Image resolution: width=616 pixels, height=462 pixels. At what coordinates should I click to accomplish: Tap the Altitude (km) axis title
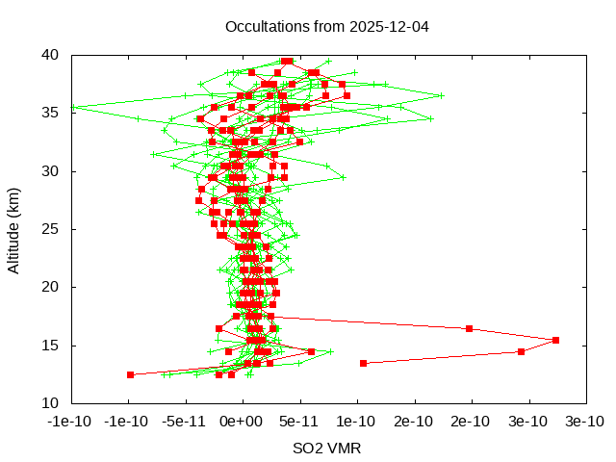(x=13, y=229)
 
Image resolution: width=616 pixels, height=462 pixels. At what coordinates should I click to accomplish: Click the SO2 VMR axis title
(x=327, y=449)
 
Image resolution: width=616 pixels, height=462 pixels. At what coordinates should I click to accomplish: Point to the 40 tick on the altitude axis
(x=54, y=56)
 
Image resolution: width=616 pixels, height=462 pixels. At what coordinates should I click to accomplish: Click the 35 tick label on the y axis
(x=54, y=114)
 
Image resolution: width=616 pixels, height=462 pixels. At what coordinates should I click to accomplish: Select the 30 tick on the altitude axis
(x=54, y=171)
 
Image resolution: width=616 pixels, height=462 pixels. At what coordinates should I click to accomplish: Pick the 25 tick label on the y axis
(x=54, y=229)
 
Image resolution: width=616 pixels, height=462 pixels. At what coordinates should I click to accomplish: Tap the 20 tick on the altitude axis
(x=54, y=287)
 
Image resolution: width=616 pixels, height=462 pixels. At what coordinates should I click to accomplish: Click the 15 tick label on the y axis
(x=54, y=345)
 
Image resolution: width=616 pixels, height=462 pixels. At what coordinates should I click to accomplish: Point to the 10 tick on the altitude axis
(x=54, y=402)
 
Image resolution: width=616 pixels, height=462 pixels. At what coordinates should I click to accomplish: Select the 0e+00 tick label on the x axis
(x=242, y=421)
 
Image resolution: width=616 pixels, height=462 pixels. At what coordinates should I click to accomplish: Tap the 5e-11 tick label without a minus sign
(x=299, y=421)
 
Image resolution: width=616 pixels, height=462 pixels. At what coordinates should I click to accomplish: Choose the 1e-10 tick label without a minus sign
(x=356, y=421)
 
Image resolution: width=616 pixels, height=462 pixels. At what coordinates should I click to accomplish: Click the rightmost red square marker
(x=555, y=340)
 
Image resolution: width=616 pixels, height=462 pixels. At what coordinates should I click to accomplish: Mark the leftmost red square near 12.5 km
(x=130, y=374)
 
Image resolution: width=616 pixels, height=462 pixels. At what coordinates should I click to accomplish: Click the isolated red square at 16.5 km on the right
(x=470, y=328)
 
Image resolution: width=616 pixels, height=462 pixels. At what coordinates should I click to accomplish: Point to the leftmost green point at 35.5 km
(x=72, y=108)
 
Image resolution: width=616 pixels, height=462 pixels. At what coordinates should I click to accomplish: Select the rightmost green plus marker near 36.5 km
(x=441, y=95)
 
